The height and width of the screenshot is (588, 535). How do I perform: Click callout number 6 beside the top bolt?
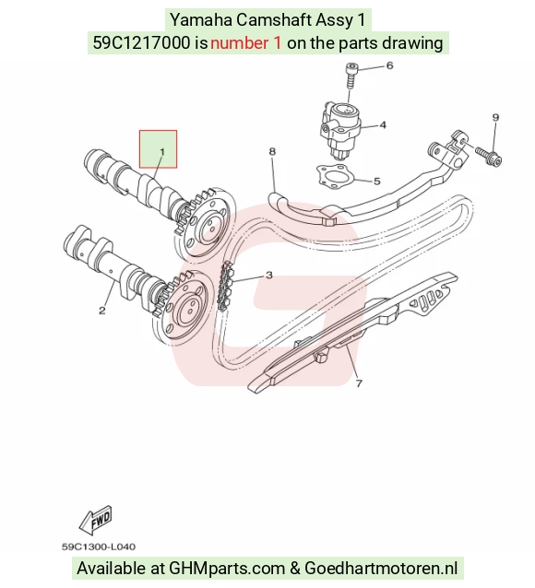click(389, 65)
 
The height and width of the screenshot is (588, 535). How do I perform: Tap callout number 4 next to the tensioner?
click(383, 124)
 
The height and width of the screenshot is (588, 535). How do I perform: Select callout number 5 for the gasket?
click(377, 182)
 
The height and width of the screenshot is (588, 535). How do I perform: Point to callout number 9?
click(495, 117)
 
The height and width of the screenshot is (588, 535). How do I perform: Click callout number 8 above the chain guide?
click(272, 151)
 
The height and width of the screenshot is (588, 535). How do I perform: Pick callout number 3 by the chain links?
click(268, 276)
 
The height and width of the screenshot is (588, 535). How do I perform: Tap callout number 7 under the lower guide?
click(359, 383)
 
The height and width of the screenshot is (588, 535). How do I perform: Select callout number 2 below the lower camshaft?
click(102, 311)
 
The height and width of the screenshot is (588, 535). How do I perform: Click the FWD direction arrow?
click(95, 521)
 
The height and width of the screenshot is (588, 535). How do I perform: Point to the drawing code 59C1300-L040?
click(99, 547)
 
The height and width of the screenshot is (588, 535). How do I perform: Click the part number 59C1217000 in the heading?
click(141, 42)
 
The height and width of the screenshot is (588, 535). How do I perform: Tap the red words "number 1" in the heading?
click(245, 42)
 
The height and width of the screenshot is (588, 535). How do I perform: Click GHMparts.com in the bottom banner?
click(227, 568)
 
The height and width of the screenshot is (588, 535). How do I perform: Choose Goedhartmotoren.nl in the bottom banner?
click(381, 568)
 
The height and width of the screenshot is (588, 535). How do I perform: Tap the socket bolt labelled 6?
click(351, 76)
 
